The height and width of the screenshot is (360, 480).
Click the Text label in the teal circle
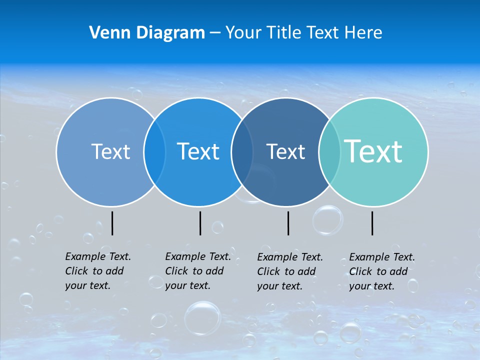(x=373, y=151)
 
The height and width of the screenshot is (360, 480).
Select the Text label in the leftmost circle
(x=110, y=151)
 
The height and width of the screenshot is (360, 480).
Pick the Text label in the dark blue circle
(x=285, y=151)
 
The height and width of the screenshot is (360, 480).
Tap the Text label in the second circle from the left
(x=198, y=151)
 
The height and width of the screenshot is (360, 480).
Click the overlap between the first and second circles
(x=154, y=151)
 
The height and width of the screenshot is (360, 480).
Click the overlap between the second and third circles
(x=242, y=151)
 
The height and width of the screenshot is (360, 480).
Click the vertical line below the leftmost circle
(x=112, y=223)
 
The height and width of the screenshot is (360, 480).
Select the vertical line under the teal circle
(x=372, y=223)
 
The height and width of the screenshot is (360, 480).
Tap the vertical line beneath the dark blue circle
(x=288, y=223)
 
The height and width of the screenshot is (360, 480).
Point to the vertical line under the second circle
(x=200, y=223)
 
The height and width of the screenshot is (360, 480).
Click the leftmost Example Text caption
(x=97, y=271)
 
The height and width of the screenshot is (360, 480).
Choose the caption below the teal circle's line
(x=381, y=271)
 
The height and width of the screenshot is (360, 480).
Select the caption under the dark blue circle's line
(x=289, y=271)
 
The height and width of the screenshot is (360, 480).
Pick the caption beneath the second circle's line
(x=197, y=271)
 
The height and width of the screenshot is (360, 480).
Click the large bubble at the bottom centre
(x=202, y=317)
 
